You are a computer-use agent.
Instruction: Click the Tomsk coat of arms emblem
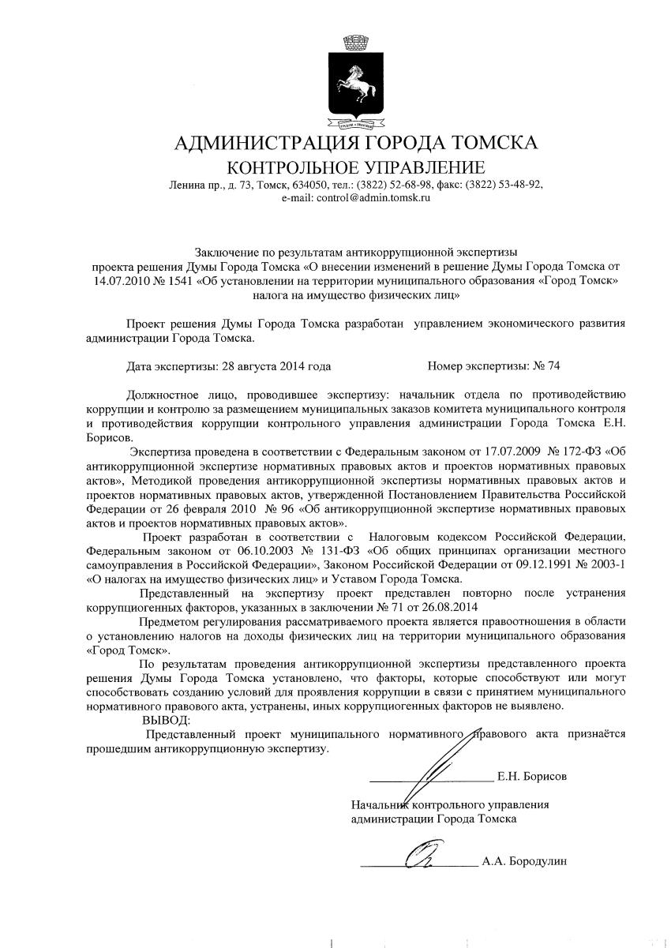(354, 83)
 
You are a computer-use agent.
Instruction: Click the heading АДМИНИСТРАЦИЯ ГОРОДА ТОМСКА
(355, 144)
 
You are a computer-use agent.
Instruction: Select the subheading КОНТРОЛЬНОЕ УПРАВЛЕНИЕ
(355, 167)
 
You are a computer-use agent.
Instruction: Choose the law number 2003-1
(598, 565)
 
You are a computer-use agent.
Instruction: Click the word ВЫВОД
(166, 720)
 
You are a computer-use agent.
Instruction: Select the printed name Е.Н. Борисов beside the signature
(531, 777)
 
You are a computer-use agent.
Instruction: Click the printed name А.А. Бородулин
(524, 861)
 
